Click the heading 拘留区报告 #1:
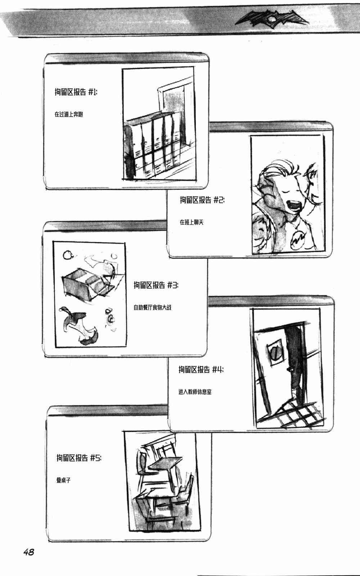tap(76, 92)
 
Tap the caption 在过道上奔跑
tap(69, 114)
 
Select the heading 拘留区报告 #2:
tap(202, 200)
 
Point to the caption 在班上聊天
tap(192, 222)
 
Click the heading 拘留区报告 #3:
tap(156, 285)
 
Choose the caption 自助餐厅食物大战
tap(153, 308)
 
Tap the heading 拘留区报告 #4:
tap(201, 369)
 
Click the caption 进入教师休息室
tap(195, 392)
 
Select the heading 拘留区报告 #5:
tap(79, 458)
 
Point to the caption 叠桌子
tap(63, 480)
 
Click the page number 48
tap(29, 552)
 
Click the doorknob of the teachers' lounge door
tap(288, 370)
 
